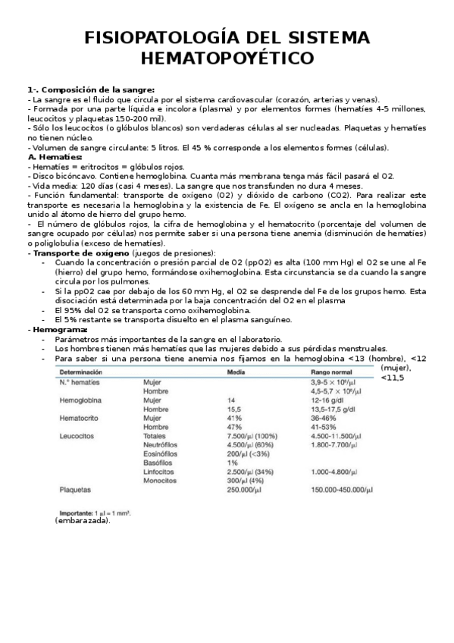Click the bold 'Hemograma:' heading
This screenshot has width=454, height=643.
[x=59, y=330]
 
